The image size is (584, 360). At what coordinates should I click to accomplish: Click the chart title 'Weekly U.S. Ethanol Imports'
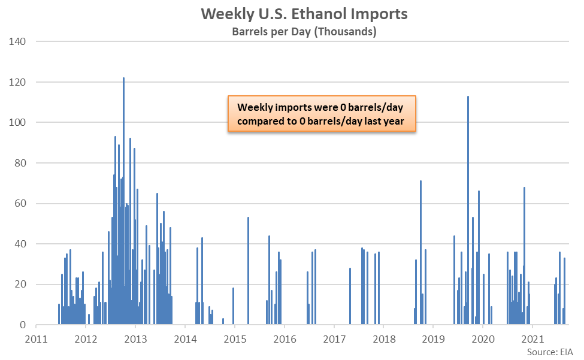(304, 14)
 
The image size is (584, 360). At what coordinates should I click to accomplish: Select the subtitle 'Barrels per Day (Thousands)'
(304, 32)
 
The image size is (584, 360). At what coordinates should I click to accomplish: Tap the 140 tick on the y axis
(17, 41)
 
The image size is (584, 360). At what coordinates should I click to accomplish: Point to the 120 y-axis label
(17, 82)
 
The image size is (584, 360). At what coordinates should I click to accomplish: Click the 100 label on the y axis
(17, 122)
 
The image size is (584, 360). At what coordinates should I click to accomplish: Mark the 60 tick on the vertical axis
(20, 203)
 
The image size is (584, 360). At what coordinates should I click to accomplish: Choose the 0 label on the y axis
(23, 325)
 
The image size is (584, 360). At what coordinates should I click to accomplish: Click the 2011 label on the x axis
(36, 339)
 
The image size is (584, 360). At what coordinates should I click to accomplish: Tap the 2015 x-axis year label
(235, 339)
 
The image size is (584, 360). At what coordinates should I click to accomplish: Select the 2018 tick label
(384, 339)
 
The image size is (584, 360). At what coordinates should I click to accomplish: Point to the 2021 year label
(533, 339)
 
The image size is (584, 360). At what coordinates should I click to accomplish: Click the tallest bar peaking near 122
(123, 201)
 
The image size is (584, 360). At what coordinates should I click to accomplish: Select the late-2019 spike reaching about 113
(468, 210)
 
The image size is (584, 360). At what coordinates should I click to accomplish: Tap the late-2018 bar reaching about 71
(421, 253)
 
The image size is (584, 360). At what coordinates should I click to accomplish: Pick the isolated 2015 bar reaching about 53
(249, 271)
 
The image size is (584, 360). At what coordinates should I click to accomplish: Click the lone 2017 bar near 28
(350, 297)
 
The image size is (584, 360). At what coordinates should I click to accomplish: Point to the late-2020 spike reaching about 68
(525, 256)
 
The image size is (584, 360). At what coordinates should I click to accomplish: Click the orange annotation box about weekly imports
(322, 114)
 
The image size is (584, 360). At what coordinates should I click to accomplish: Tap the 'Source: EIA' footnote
(550, 352)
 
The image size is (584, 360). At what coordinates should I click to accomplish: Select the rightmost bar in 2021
(565, 291)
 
